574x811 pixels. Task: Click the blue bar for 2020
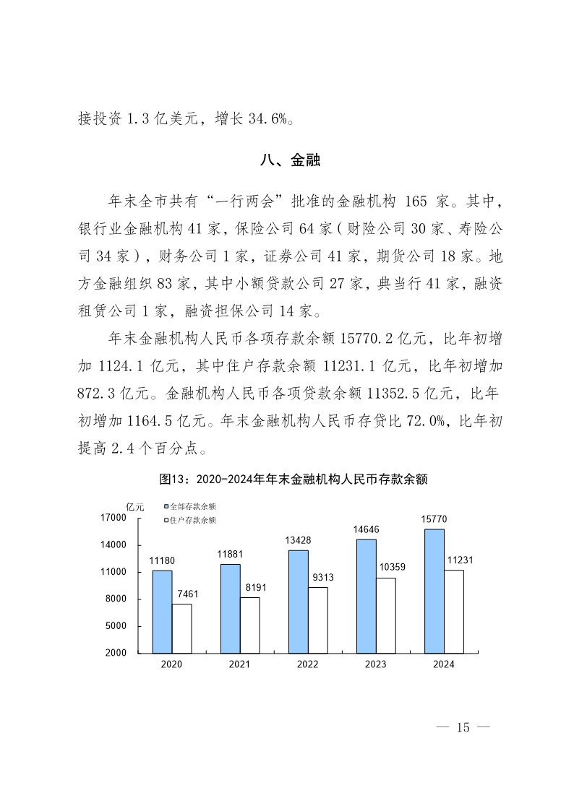tap(162, 611)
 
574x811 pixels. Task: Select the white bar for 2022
tap(317, 620)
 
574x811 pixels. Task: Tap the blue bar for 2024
tap(434, 591)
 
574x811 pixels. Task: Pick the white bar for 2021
tap(249, 625)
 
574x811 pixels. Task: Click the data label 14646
tap(367, 529)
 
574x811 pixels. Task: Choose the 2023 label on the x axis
tap(375, 664)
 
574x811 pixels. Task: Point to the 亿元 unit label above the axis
tap(135, 506)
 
